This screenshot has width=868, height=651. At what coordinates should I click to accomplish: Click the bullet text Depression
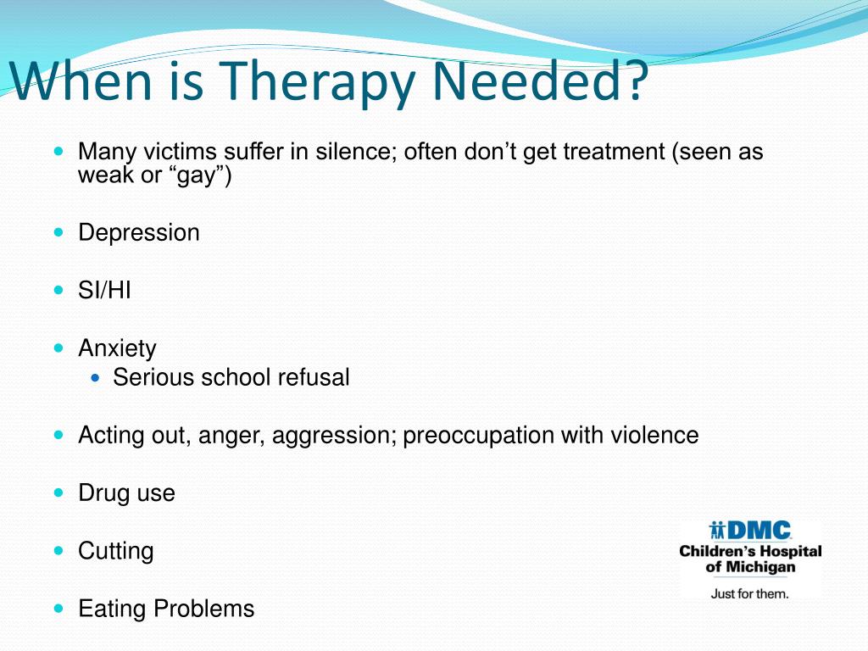[x=139, y=232]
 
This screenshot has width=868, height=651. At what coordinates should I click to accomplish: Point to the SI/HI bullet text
[x=104, y=291]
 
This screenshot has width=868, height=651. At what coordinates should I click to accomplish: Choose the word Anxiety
[x=117, y=348]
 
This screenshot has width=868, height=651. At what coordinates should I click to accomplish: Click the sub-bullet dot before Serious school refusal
[x=95, y=377]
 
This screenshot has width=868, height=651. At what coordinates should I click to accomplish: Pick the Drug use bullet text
[x=126, y=493]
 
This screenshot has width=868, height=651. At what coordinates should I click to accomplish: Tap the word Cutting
[x=116, y=551]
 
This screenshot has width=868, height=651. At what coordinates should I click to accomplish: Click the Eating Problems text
[x=166, y=609]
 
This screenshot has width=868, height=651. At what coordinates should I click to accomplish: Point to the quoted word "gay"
[x=202, y=175]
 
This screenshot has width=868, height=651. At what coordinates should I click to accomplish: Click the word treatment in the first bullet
[x=612, y=153]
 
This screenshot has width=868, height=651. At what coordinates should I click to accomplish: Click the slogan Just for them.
[x=749, y=593]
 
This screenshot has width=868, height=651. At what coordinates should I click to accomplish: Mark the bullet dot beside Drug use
[x=58, y=492]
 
